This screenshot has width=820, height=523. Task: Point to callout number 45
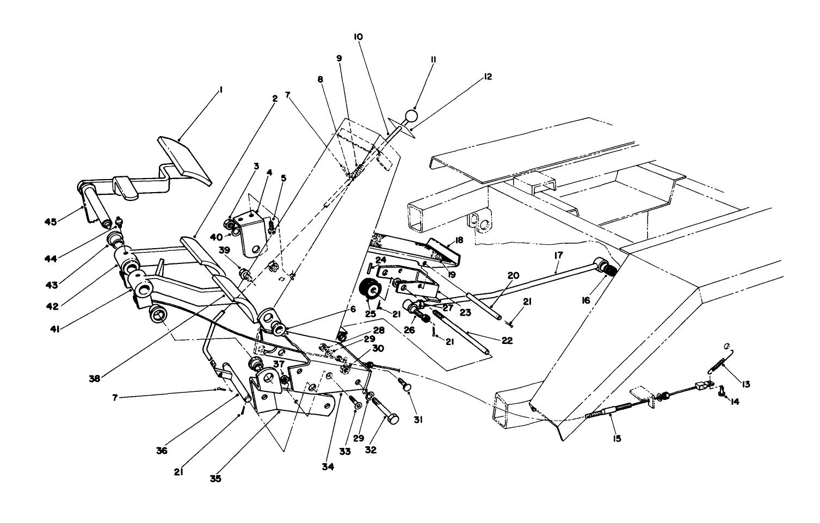pyautogui.click(x=51, y=221)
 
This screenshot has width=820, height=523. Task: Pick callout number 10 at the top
pyautogui.click(x=358, y=36)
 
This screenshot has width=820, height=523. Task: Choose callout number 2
pyautogui.click(x=275, y=99)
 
